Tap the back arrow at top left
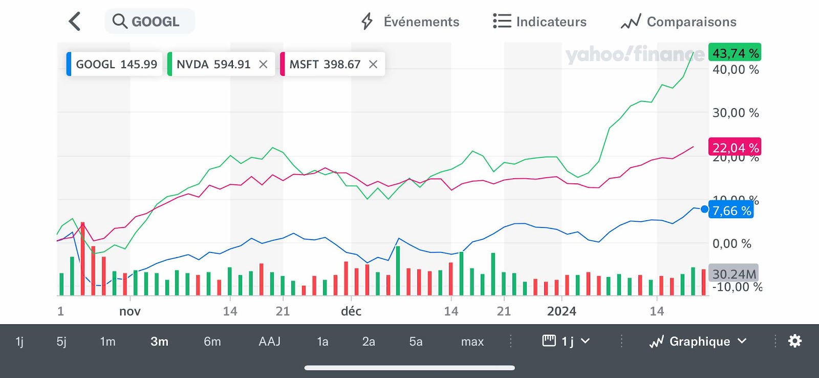point(75,22)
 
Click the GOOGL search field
point(149,22)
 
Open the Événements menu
point(411,22)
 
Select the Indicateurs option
point(540,22)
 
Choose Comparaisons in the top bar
point(679,22)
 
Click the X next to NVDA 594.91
point(263,64)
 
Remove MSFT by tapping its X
point(373,64)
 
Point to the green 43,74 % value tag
point(735,53)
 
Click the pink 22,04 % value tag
point(735,148)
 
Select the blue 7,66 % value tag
point(731,211)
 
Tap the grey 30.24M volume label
point(734,274)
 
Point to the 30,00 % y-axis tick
point(736,113)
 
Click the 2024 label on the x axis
point(562,311)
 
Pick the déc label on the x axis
point(351,311)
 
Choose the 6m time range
point(212,341)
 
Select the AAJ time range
point(270,341)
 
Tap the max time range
point(472,341)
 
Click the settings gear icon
point(795,341)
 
